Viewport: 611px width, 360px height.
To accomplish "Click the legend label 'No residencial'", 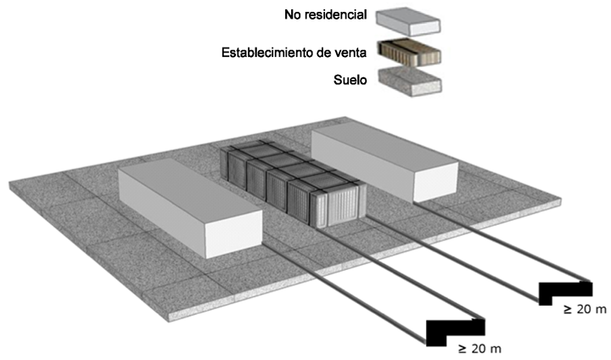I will coord(326,15).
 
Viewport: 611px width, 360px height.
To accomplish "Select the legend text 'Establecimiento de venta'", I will coord(294,53).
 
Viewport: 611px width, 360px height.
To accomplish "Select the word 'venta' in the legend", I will coord(349,53).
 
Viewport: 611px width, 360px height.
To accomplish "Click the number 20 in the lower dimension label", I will coord(480,348).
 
